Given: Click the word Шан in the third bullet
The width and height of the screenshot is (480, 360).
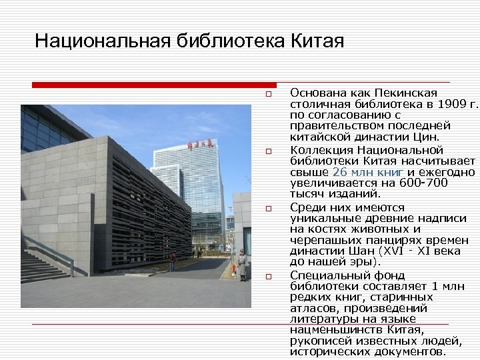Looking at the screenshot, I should coord(363,251).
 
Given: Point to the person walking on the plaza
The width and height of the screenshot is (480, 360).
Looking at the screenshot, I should coord(173,261).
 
